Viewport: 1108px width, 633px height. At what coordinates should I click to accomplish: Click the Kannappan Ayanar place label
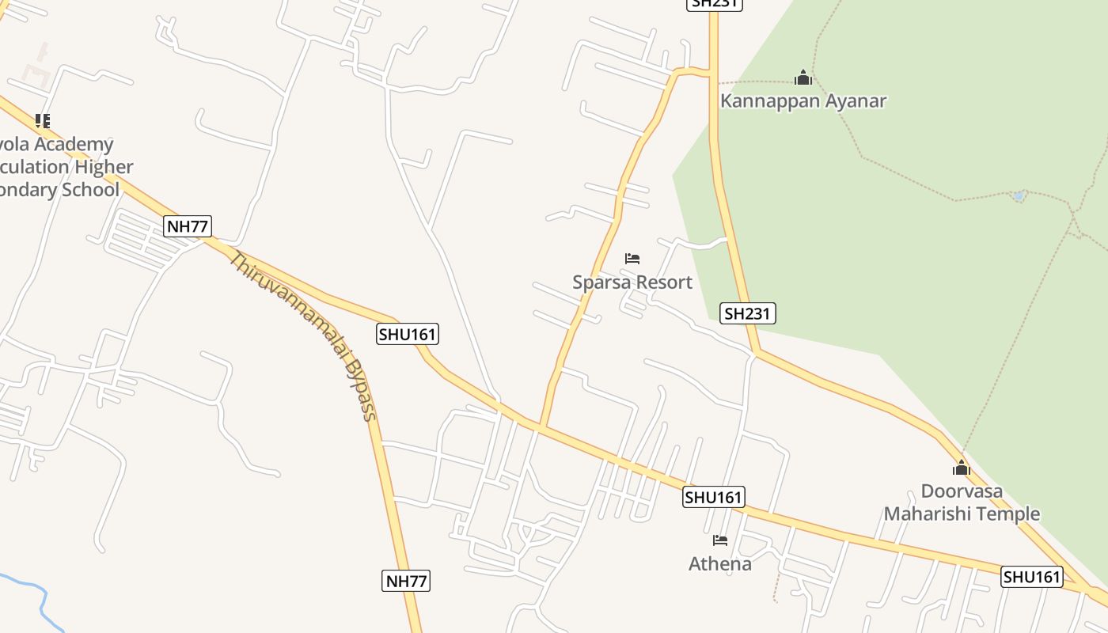click(x=803, y=101)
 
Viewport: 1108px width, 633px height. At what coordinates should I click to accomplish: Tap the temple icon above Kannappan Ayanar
click(x=803, y=78)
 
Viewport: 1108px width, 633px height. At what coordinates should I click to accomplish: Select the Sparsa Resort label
click(x=632, y=282)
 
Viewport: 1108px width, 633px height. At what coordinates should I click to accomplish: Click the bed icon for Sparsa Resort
click(x=632, y=259)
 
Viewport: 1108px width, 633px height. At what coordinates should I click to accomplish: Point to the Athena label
click(x=720, y=564)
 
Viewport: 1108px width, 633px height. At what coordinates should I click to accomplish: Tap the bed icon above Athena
click(x=720, y=540)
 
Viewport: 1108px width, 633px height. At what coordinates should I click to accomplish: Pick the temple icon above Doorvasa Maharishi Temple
click(x=962, y=468)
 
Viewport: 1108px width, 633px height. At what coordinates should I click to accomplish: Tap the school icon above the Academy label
click(x=43, y=121)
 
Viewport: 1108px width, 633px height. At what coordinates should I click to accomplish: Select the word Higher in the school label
click(x=104, y=167)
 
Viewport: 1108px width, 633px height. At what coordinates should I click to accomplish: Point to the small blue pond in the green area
click(x=1019, y=195)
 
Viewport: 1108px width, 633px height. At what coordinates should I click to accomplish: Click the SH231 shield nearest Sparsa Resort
click(x=748, y=313)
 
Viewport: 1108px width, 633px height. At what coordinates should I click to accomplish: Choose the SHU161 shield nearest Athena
click(x=714, y=497)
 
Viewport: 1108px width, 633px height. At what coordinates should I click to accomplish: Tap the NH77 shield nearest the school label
click(x=188, y=226)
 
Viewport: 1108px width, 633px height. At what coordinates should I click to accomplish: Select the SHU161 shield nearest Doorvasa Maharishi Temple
click(x=1032, y=577)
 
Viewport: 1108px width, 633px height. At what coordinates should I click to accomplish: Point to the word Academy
click(x=75, y=145)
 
